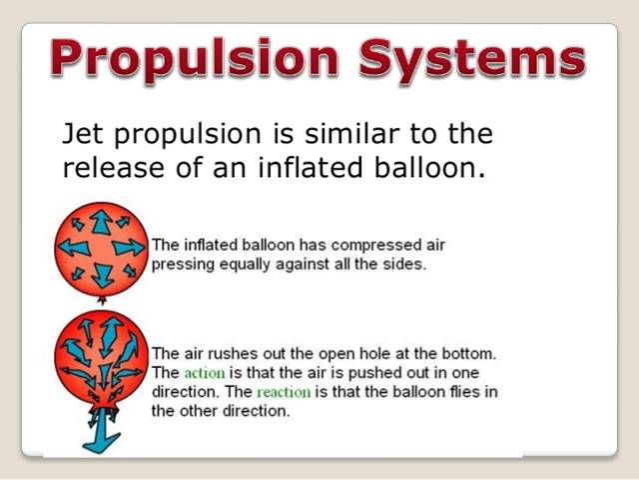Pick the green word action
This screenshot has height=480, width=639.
206,373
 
